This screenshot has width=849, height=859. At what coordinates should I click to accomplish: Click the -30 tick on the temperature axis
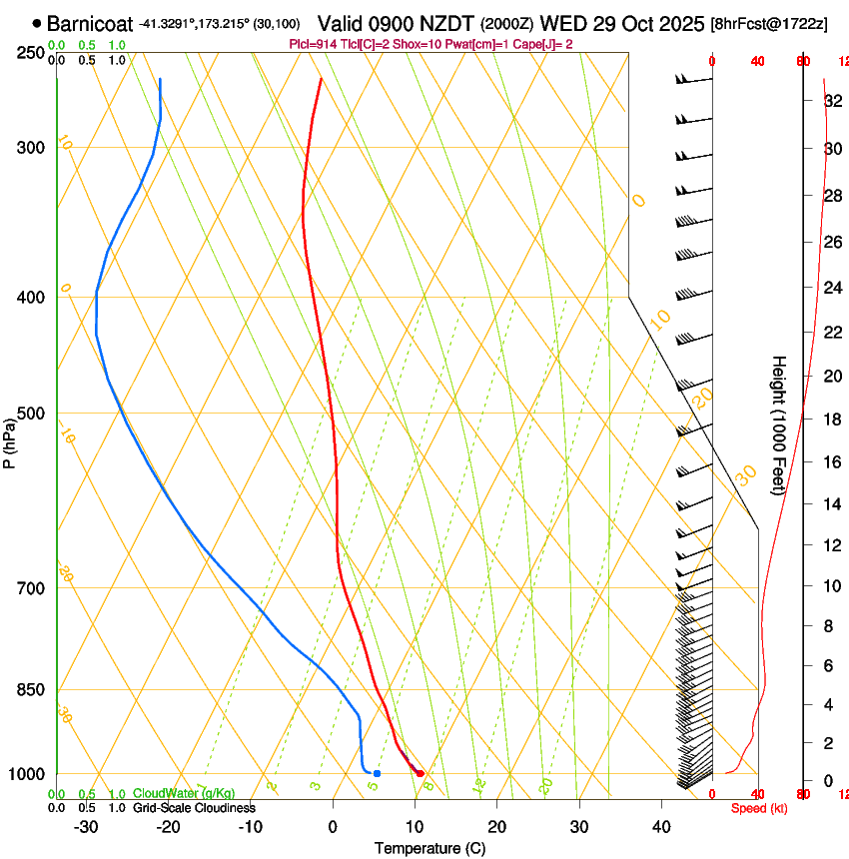tap(86, 827)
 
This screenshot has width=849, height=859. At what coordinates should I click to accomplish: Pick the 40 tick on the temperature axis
tap(660, 827)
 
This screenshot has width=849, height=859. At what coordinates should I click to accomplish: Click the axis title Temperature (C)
tap(429, 848)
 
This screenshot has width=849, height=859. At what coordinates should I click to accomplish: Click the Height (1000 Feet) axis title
tap(779, 425)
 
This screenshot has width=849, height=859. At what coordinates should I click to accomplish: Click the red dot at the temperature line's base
tap(421, 773)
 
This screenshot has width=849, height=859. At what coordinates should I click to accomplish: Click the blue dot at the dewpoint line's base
tap(377, 773)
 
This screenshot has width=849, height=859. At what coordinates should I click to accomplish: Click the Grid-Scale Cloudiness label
tap(194, 807)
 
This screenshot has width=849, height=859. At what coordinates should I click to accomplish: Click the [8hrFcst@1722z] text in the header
tap(768, 23)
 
